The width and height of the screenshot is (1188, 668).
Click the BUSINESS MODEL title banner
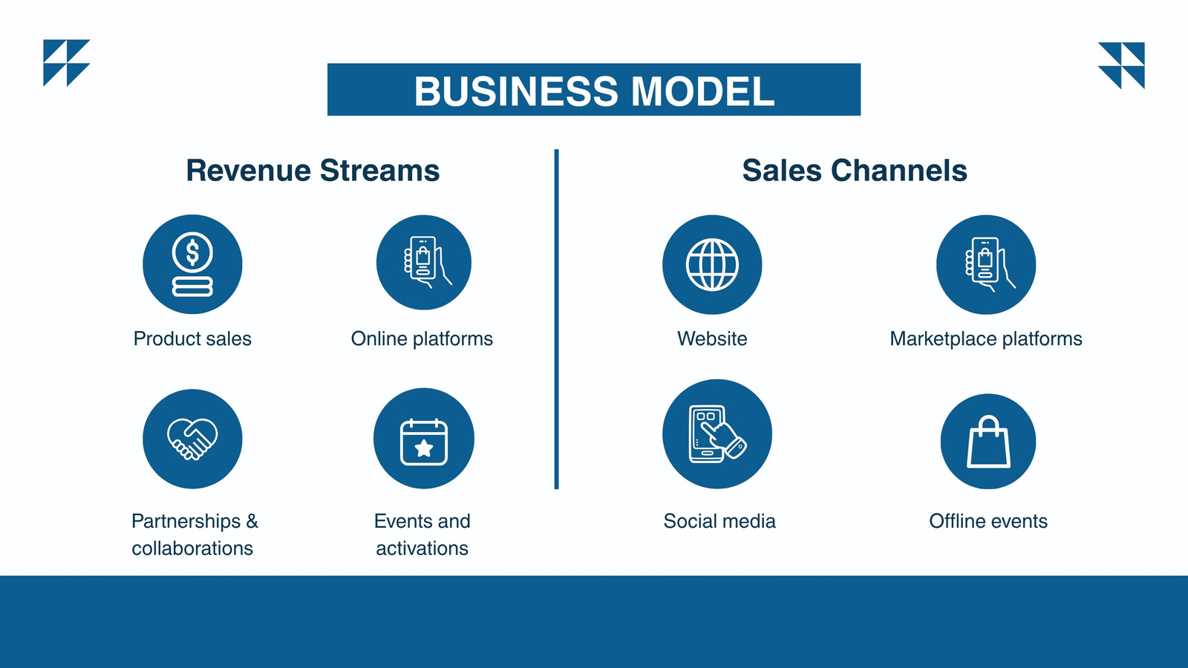click(593, 90)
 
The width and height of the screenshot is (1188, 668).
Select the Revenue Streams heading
click(313, 171)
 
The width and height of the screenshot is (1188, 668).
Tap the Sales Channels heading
click(855, 171)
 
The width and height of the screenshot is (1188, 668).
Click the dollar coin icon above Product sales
click(192, 264)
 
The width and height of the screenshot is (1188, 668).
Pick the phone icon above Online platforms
click(424, 263)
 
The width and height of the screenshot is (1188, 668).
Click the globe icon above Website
click(712, 264)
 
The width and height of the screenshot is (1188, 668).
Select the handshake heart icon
click(192, 439)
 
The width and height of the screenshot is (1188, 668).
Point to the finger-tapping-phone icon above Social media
click(717, 433)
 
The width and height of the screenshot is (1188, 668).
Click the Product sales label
click(192, 338)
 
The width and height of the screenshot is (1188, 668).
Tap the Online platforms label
click(422, 339)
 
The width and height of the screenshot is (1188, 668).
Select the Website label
click(712, 338)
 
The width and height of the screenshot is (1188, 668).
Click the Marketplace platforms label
click(986, 339)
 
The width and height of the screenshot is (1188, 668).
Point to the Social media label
click(719, 521)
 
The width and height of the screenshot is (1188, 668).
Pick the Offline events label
click(988, 521)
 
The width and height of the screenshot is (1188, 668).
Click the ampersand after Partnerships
click(252, 521)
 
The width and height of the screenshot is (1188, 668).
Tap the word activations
click(422, 549)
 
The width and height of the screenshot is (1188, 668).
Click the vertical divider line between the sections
click(556, 319)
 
